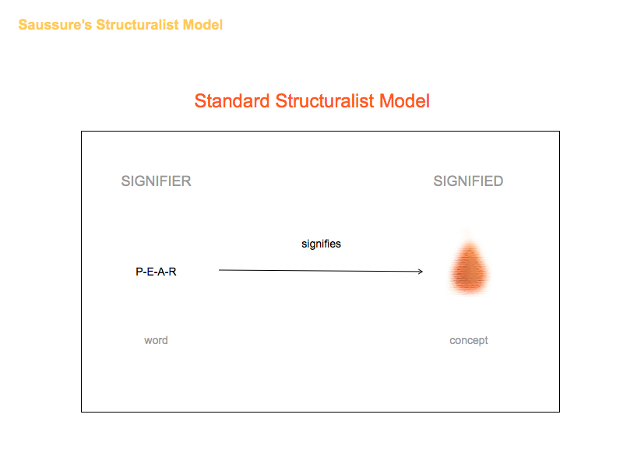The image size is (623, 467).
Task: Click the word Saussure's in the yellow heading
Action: tap(55, 25)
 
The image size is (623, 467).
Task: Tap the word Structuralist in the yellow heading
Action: tap(138, 25)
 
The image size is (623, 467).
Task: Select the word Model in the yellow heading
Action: tap(202, 25)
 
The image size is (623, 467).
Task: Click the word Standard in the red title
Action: tap(232, 101)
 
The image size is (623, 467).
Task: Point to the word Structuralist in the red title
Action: tap(325, 101)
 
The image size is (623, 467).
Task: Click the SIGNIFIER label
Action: tap(157, 181)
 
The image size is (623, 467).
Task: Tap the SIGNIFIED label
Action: tap(469, 181)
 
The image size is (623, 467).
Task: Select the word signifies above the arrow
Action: tap(321, 244)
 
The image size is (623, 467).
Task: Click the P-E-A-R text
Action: tap(157, 272)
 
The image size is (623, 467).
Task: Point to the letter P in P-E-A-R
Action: tap(139, 272)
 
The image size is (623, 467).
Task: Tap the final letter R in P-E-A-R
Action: tap(172, 272)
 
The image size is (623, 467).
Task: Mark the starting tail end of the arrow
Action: tap(220, 270)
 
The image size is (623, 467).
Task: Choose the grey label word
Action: tap(157, 340)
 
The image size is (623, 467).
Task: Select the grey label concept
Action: tap(469, 341)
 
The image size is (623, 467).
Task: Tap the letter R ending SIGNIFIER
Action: tap(186, 181)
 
